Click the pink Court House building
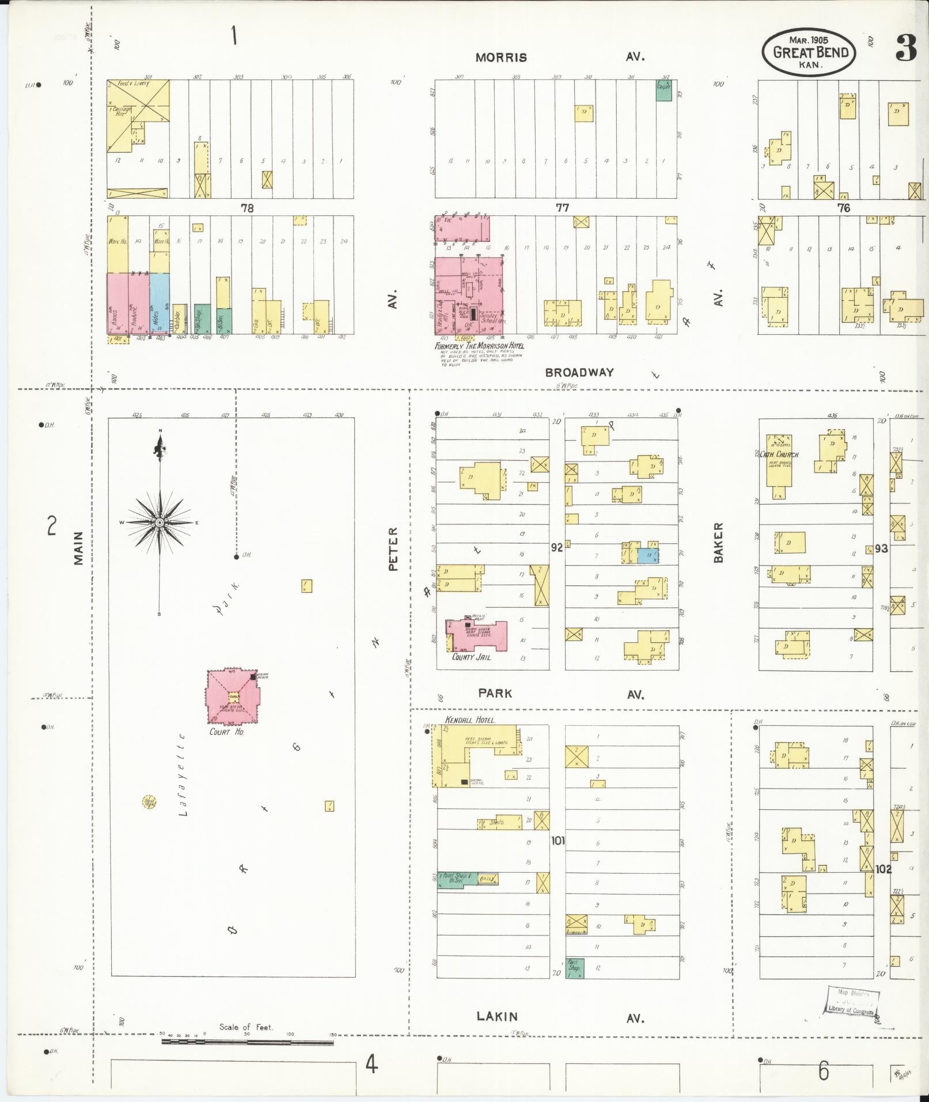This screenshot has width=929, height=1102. (233, 697)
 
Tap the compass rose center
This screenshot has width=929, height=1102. (160, 522)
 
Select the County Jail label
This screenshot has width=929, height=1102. (471, 657)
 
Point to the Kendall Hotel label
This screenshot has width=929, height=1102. (471, 720)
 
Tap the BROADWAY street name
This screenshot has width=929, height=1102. (579, 372)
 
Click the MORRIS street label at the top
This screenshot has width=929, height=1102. (501, 58)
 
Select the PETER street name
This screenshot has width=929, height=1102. (393, 548)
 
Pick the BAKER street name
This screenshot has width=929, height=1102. (718, 542)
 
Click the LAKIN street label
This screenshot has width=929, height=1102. (497, 1017)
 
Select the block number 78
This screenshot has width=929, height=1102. (247, 208)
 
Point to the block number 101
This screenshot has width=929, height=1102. (558, 840)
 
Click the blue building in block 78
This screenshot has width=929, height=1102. (160, 303)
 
